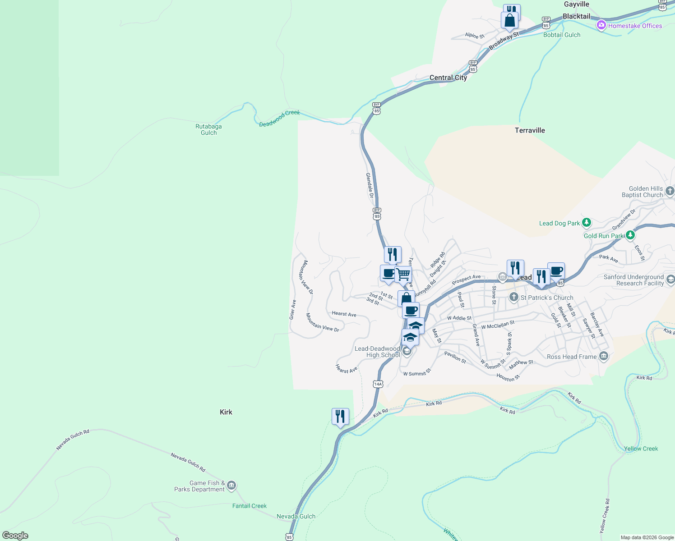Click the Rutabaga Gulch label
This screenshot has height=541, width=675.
pyautogui.click(x=208, y=130)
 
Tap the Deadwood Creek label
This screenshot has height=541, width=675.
pyautogui.click(x=279, y=118)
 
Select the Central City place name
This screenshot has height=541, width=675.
pyautogui.click(x=448, y=78)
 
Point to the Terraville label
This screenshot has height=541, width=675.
pyautogui.click(x=530, y=130)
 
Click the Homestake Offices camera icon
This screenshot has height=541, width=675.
pyautogui.click(x=601, y=25)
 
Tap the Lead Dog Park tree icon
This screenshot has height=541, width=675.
pyautogui.click(x=586, y=222)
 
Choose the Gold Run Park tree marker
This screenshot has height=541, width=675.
pyautogui.click(x=630, y=235)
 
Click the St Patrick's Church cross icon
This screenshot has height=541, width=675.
pyautogui.click(x=513, y=297)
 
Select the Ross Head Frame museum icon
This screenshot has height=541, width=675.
pyautogui.click(x=604, y=357)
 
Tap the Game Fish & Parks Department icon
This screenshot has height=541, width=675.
pyautogui.click(x=231, y=486)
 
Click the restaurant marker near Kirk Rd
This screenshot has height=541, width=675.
pyautogui.click(x=340, y=417)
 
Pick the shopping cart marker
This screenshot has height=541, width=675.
pyautogui.click(x=403, y=274)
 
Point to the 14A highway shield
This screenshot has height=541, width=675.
pyautogui.click(x=378, y=384)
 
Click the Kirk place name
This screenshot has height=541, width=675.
pyautogui.click(x=226, y=412)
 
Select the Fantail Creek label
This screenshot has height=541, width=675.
pyautogui.click(x=250, y=506)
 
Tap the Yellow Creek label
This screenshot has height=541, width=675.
pyautogui.click(x=641, y=449)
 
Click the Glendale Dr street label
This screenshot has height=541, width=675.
pyautogui.click(x=370, y=185)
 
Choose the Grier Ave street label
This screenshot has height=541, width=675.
pyautogui.click(x=292, y=310)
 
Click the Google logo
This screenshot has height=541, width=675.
pyautogui.click(x=15, y=536)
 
